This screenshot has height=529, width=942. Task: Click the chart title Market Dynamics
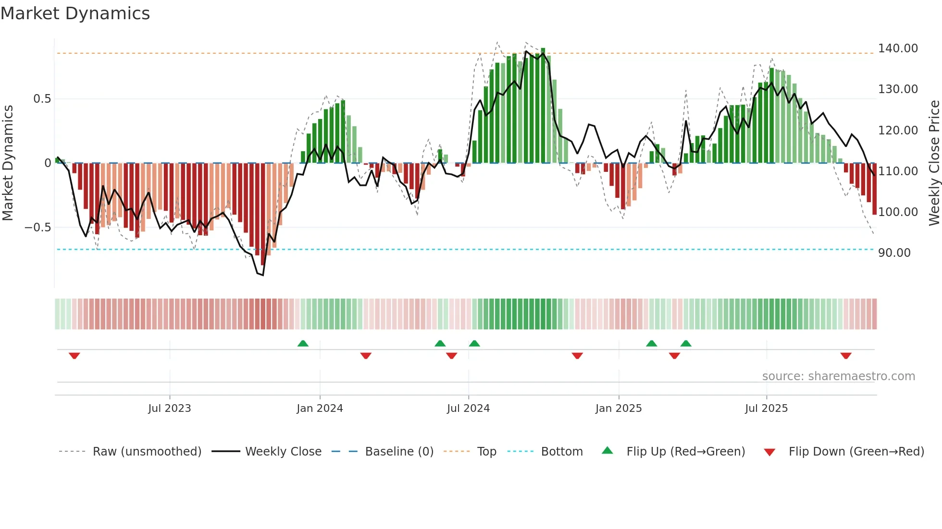click(75, 13)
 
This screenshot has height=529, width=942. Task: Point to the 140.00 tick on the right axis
click(898, 48)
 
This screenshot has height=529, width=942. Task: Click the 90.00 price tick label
click(894, 253)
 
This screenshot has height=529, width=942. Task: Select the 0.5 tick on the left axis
click(42, 99)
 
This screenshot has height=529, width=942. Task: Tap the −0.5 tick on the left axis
click(38, 228)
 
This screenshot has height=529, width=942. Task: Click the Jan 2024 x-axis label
click(320, 409)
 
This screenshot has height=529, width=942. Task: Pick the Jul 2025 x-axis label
click(766, 409)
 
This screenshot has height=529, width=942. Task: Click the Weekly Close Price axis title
click(934, 163)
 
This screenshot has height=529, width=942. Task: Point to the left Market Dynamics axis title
click(8, 163)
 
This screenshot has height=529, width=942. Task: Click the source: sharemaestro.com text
click(838, 376)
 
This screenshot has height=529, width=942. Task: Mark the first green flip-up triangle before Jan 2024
click(303, 344)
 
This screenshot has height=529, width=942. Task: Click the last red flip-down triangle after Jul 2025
click(846, 356)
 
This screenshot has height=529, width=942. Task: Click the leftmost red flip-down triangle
click(74, 356)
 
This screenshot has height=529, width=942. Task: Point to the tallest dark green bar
click(543, 106)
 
